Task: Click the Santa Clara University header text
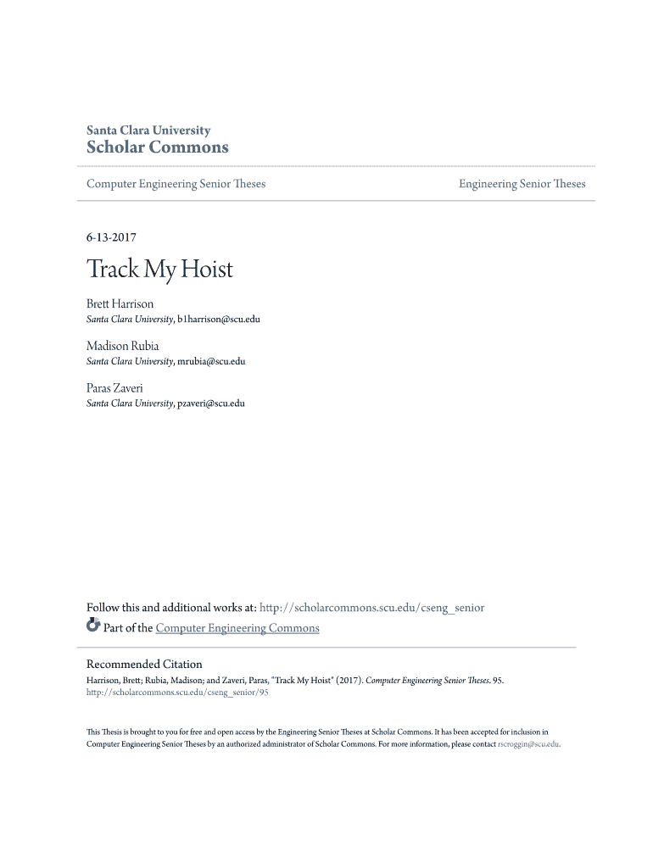148,131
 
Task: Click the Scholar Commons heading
158,147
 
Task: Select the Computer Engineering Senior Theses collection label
176,184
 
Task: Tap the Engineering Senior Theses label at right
522,184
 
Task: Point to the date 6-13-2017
112,238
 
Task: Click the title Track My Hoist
159,270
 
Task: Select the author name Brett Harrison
120,303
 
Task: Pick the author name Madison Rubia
122,346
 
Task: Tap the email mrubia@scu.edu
211,361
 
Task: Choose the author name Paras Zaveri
114,387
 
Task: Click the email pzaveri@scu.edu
211,403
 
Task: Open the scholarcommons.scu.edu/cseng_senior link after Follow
372,608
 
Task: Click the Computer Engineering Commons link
237,628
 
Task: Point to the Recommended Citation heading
144,665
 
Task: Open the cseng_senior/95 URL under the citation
177,693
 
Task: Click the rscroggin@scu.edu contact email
528,744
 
